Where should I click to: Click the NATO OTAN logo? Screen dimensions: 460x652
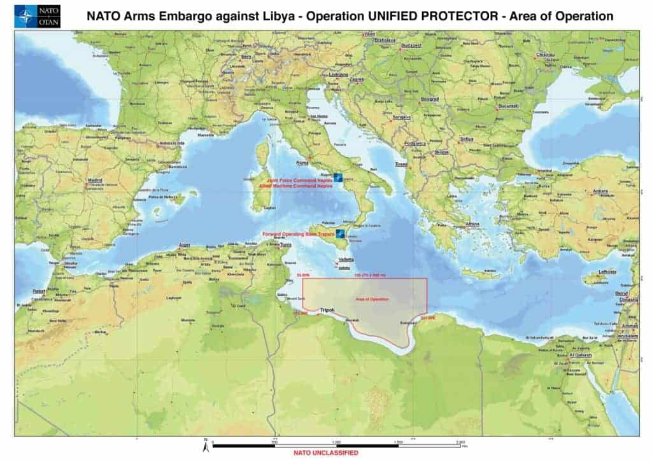[x=37, y=17]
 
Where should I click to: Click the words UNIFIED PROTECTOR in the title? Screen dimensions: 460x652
[x=439, y=17]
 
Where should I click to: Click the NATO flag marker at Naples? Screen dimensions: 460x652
[x=337, y=178]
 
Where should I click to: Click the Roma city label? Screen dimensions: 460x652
[x=294, y=162]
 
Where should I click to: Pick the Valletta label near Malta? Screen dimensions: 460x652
[x=346, y=260]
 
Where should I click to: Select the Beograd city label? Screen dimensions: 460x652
[x=430, y=99]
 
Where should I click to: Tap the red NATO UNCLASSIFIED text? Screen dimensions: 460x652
[x=325, y=453]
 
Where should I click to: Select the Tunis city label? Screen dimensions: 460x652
[x=286, y=245]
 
